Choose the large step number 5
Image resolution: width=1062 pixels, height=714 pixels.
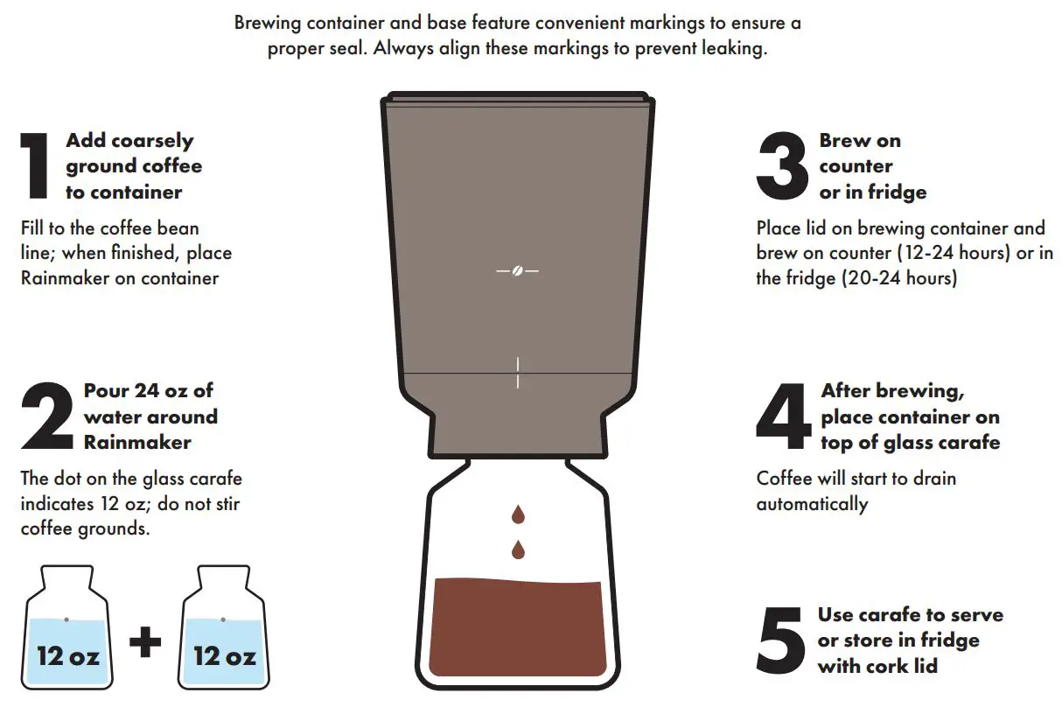[x=780, y=640]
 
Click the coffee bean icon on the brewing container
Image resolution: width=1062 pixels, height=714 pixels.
[x=517, y=271]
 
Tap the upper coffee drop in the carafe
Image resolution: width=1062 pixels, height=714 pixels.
[x=518, y=514]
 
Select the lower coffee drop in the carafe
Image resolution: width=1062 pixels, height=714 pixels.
[x=518, y=549]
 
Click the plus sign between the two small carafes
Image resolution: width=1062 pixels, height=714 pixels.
[x=145, y=644]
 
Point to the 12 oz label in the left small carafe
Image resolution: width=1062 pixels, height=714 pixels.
[x=67, y=655]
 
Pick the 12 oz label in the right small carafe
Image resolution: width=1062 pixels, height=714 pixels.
[x=225, y=655]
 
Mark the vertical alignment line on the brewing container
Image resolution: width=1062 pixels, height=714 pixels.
[x=517, y=372]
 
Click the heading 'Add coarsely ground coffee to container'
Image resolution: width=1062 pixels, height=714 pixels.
[x=133, y=166]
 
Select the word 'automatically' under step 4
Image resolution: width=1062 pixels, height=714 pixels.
[x=812, y=504]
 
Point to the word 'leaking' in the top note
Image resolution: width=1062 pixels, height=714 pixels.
[x=733, y=48]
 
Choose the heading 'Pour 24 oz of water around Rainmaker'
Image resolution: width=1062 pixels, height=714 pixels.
[x=150, y=416]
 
